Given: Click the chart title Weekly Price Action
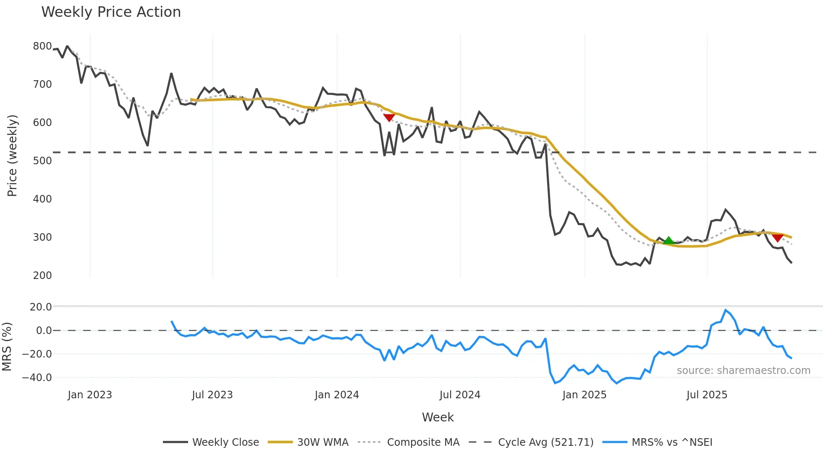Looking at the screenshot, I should pyautogui.click(x=111, y=12).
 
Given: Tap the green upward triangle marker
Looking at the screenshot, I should pyautogui.click(x=668, y=241).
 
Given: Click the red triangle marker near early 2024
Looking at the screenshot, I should pyautogui.click(x=389, y=118).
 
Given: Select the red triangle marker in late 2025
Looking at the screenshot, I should pyautogui.click(x=778, y=238).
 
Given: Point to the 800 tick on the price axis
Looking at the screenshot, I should pyautogui.click(x=42, y=46).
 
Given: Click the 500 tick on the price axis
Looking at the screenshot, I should pyautogui.click(x=42, y=161).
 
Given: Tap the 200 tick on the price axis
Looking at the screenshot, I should pyautogui.click(x=42, y=276).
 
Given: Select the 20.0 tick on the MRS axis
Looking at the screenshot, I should pyautogui.click(x=41, y=307).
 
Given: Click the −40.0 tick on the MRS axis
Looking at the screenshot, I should pyautogui.click(x=37, y=378).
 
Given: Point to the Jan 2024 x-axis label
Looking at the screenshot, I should pyautogui.click(x=337, y=395).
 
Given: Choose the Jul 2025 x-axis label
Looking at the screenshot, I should pyautogui.click(x=707, y=395).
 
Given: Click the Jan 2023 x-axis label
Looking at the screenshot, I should pyautogui.click(x=90, y=395).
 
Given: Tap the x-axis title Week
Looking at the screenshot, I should pyautogui.click(x=438, y=417).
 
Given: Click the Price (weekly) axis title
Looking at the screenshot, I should pyautogui.click(x=12, y=155).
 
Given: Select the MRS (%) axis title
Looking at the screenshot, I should pyautogui.click(x=7, y=347).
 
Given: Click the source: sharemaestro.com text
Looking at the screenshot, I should pyautogui.click(x=743, y=371).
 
